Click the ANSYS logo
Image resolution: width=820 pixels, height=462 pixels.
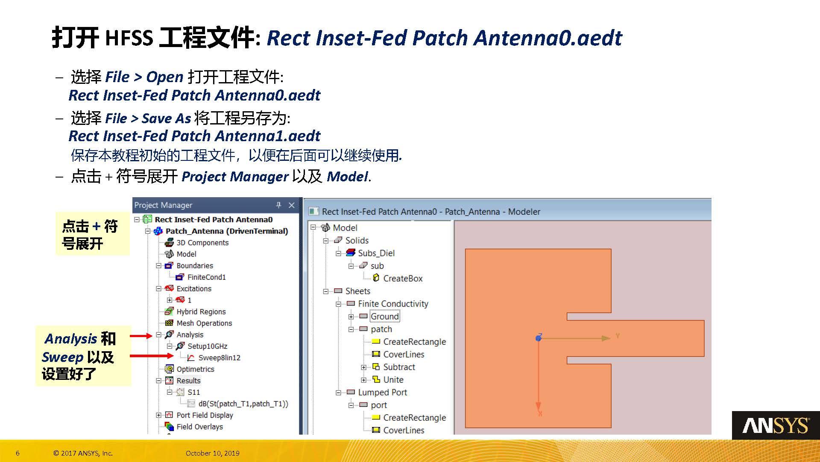click(x=776, y=426)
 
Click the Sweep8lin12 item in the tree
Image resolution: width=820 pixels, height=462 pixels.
click(x=219, y=358)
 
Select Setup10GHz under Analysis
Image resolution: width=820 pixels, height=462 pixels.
click(x=207, y=346)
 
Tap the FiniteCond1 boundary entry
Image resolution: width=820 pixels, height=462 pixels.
click(x=206, y=277)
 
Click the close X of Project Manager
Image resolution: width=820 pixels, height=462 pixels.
click(x=292, y=205)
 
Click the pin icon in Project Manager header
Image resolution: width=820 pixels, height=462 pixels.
click(x=278, y=205)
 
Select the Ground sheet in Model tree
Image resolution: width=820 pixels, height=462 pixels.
click(x=384, y=317)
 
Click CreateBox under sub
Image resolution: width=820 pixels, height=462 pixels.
click(x=402, y=278)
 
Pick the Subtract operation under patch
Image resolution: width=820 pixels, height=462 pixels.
click(x=399, y=367)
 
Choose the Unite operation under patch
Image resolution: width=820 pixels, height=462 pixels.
click(x=393, y=380)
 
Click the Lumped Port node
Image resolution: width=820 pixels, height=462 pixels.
click(x=382, y=392)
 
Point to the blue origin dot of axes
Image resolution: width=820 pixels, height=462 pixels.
click(x=539, y=338)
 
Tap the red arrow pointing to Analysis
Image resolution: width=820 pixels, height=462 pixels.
click(x=141, y=336)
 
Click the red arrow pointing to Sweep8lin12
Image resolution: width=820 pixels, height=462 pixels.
click(x=152, y=355)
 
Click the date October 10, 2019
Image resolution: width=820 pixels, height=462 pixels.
click(x=212, y=453)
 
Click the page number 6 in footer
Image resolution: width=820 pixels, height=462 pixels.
click(x=18, y=453)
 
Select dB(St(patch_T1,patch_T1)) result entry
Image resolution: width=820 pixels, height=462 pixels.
click(x=243, y=404)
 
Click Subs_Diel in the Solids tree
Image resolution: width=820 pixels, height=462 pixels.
click(x=376, y=253)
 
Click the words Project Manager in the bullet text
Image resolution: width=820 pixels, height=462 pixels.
click(x=235, y=177)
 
